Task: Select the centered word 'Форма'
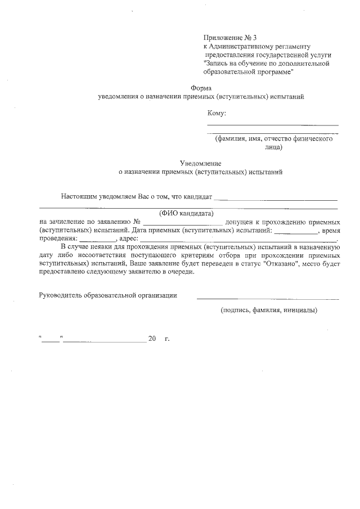(201, 88)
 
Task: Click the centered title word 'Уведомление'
(201, 163)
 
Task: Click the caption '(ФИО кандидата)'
(186, 213)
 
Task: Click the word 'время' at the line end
(330, 231)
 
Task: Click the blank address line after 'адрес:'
(236, 241)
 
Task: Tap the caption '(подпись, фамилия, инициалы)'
(269, 310)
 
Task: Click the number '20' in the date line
(152, 339)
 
